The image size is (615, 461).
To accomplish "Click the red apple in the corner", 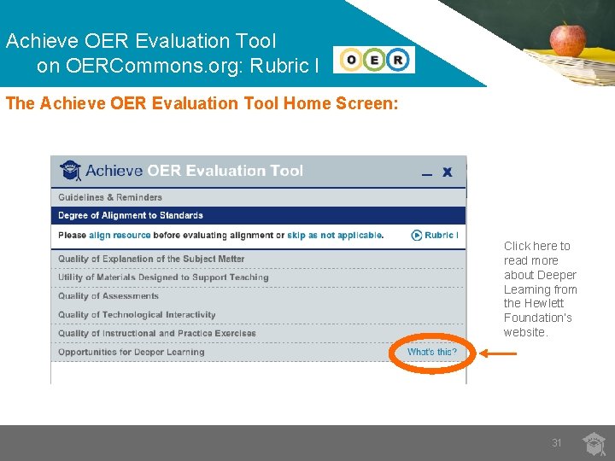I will (x=568, y=38).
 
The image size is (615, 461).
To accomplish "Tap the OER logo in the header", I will (x=374, y=60).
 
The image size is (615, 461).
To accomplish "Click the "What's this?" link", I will (x=431, y=352).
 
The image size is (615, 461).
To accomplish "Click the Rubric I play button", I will (x=435, y=236).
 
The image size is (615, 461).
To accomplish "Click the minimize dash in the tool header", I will (x=427, y=173).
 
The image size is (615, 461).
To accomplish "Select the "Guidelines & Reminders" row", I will (x=109, y=197).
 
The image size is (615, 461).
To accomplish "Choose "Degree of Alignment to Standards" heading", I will (x=130, y=216).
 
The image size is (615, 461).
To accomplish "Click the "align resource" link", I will (x=120, y=236).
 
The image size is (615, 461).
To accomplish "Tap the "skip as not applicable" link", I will (x=335, y=236).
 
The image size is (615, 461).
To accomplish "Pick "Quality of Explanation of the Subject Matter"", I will (x=151, y=259).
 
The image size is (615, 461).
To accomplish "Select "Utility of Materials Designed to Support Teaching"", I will (x=163, y=277).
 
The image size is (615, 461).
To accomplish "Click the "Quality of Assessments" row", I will (x=108, y=296).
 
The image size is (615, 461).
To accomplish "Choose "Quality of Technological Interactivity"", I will (x=137, y=315).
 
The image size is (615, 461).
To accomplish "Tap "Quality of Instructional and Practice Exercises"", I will (x=156, y=334).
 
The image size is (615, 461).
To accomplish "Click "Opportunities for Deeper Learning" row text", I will (x=131, y=352).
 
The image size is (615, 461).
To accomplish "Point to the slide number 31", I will (x=557, y=443).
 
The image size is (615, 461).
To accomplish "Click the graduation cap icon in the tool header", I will (x=71, y=170).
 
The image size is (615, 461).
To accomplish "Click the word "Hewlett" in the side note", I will (x=546, y=303).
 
